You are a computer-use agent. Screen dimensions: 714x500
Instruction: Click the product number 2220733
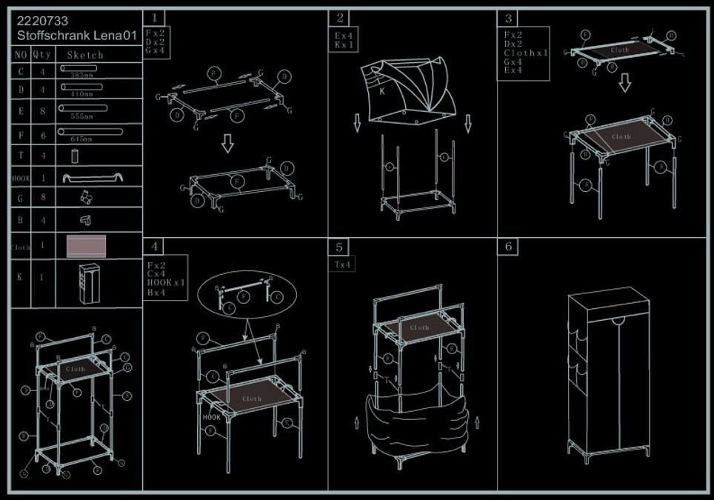pos(43,21)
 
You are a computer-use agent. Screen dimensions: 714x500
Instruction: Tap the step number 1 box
pos(154,18)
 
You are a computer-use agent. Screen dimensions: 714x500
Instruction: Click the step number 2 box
pos(340,18)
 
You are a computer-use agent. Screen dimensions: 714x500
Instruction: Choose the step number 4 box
pos(154,246)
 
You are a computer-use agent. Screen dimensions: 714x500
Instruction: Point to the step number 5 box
pos(340,246)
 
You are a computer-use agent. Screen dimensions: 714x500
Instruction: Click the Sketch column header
pos(85,55)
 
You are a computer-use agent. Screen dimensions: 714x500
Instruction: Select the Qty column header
pos(43,55)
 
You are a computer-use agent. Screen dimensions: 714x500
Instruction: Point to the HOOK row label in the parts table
pos(21,179)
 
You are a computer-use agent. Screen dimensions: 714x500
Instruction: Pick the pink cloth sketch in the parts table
pos(86,246)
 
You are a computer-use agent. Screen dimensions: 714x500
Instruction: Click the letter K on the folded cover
pos(382,92)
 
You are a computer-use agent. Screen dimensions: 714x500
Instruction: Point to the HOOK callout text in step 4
pos(211,417)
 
